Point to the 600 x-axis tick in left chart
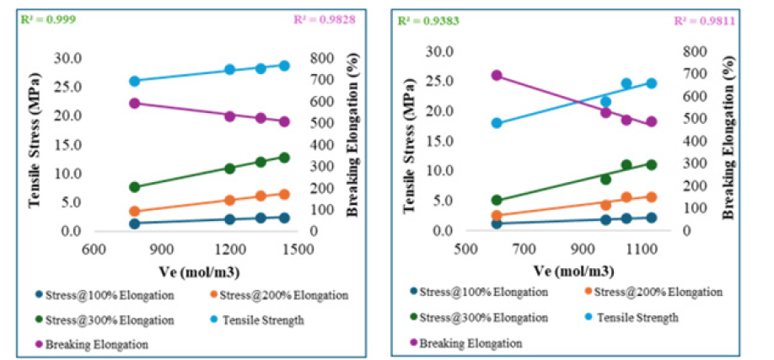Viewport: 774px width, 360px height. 93,249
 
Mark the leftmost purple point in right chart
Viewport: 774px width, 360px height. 497,75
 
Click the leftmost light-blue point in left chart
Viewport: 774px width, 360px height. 134,81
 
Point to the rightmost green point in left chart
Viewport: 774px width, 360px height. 285,157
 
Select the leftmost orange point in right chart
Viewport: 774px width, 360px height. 497,216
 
